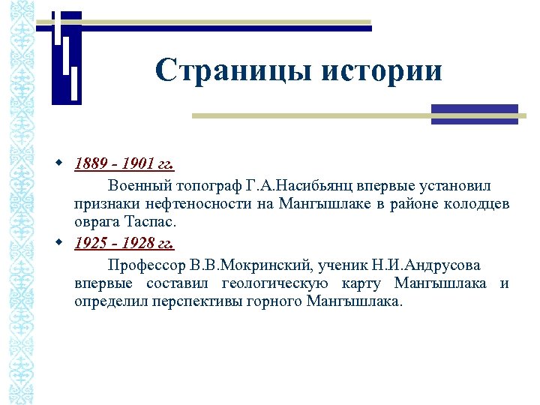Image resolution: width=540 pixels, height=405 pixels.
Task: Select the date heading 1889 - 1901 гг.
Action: point(124,163)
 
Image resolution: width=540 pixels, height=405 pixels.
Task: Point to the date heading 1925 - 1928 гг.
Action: point(124,243)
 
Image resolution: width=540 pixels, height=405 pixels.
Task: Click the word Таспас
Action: point(148,223)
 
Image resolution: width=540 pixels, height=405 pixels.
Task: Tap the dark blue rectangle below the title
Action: point(475,114)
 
